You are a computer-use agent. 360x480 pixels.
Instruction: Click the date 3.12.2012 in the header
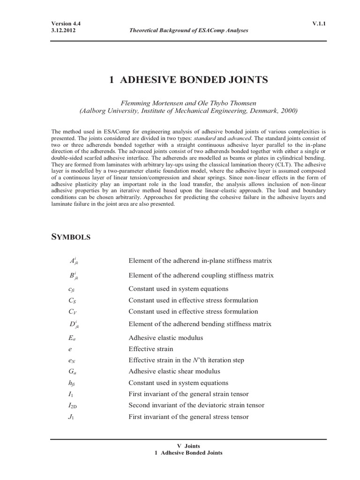(x=63, y=30)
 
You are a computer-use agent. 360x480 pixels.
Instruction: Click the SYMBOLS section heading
(x=70, y=237)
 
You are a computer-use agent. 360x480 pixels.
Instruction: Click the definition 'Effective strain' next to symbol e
(x=151, y=349)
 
